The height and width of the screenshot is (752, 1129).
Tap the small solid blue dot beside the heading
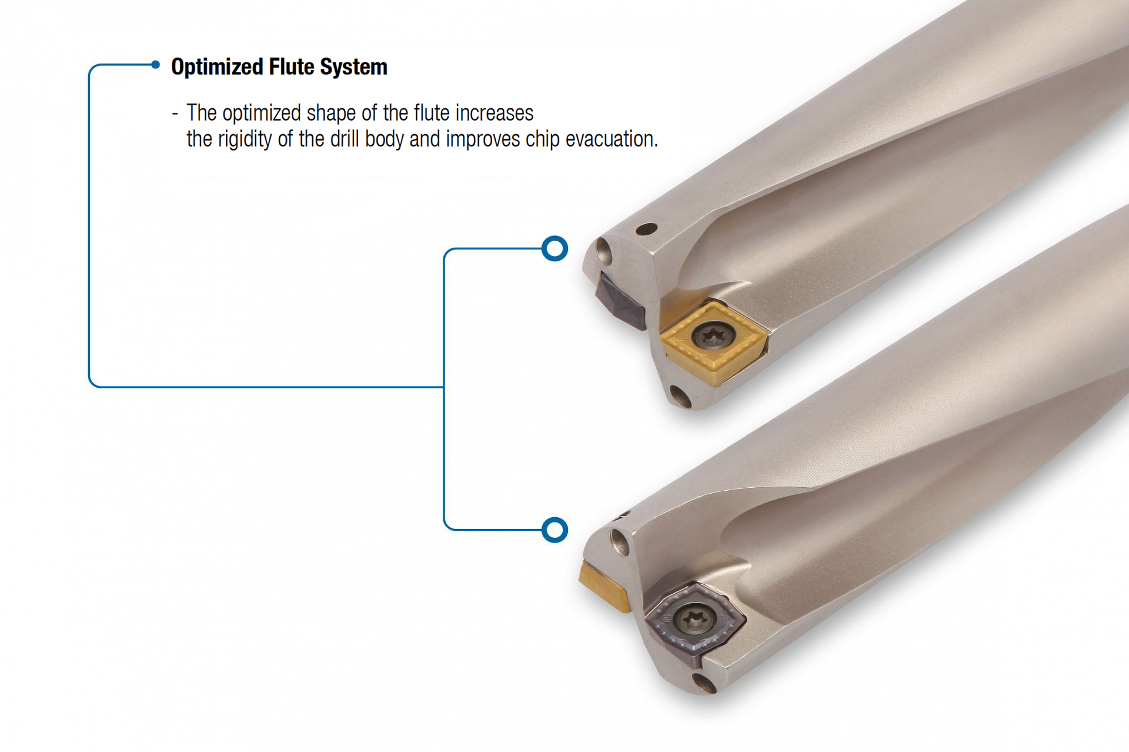pyautogui.click(x=155, y=65)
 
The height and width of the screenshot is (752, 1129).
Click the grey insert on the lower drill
pyautogui.click(x=694, y=624)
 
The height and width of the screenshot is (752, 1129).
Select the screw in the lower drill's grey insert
pyautogui.click(x=696, y=618)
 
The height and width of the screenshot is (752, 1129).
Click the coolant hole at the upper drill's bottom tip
pyautogui.click(x=681, y=397)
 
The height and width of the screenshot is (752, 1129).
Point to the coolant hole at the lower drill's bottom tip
pyautogui.click(x=704, y=683)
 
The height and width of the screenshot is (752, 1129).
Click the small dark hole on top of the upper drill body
pyautogui.click(x=646, y=228)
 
